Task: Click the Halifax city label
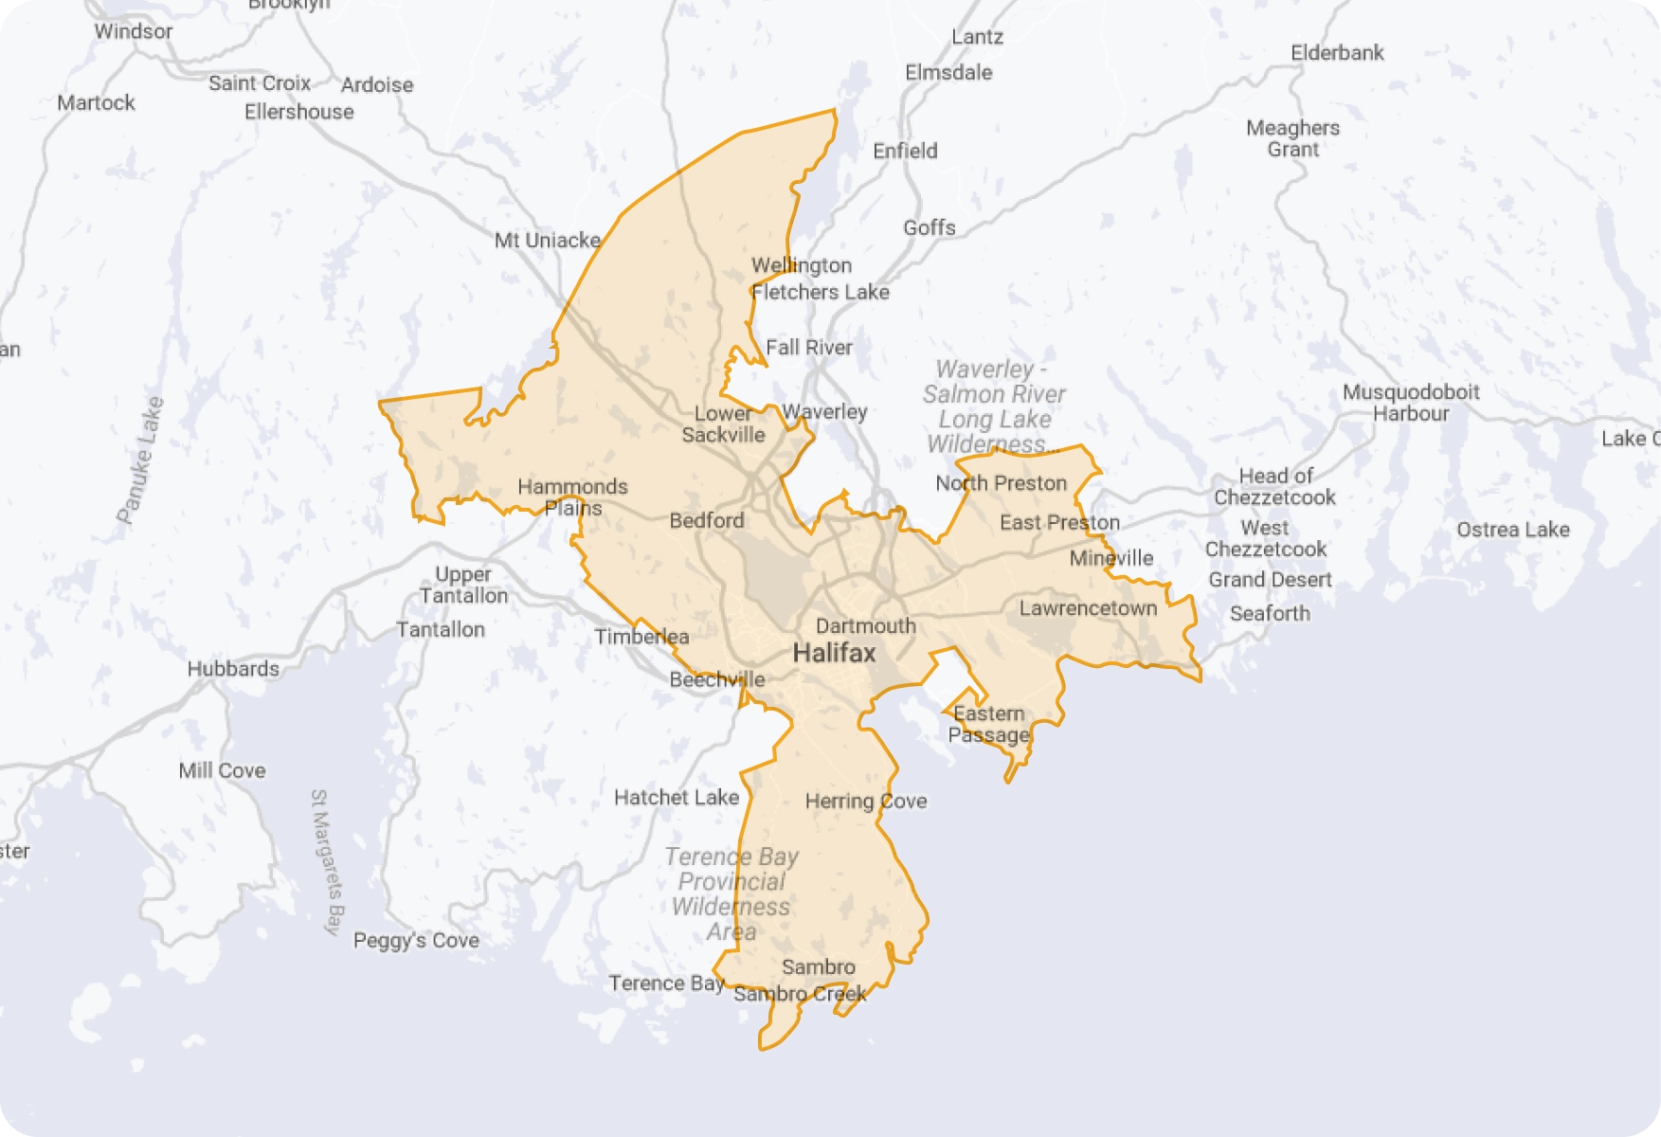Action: (834, 653)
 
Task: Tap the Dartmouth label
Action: (865, 626)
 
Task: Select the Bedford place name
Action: (707, 520)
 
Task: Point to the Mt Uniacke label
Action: (548, 241)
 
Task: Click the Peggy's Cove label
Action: (416, 940)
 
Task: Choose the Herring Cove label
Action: (865, 802)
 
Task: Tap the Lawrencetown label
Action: (1088, 608)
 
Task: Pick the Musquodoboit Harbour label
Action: (1411, 403)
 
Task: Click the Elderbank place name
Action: (1337, 53)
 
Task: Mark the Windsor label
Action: (134, 31)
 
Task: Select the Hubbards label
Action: (233, 669)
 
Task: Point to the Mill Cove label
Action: (222, 770)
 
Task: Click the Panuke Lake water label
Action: (140, 460)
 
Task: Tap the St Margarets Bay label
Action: (326, 861)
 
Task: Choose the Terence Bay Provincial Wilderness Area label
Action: (731, 893)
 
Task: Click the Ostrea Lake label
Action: (1512, 530)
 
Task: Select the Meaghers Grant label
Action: (1292, 138)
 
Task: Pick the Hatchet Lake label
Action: (676, 798)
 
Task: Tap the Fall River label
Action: (808, 348)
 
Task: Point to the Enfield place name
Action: (905, 151)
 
